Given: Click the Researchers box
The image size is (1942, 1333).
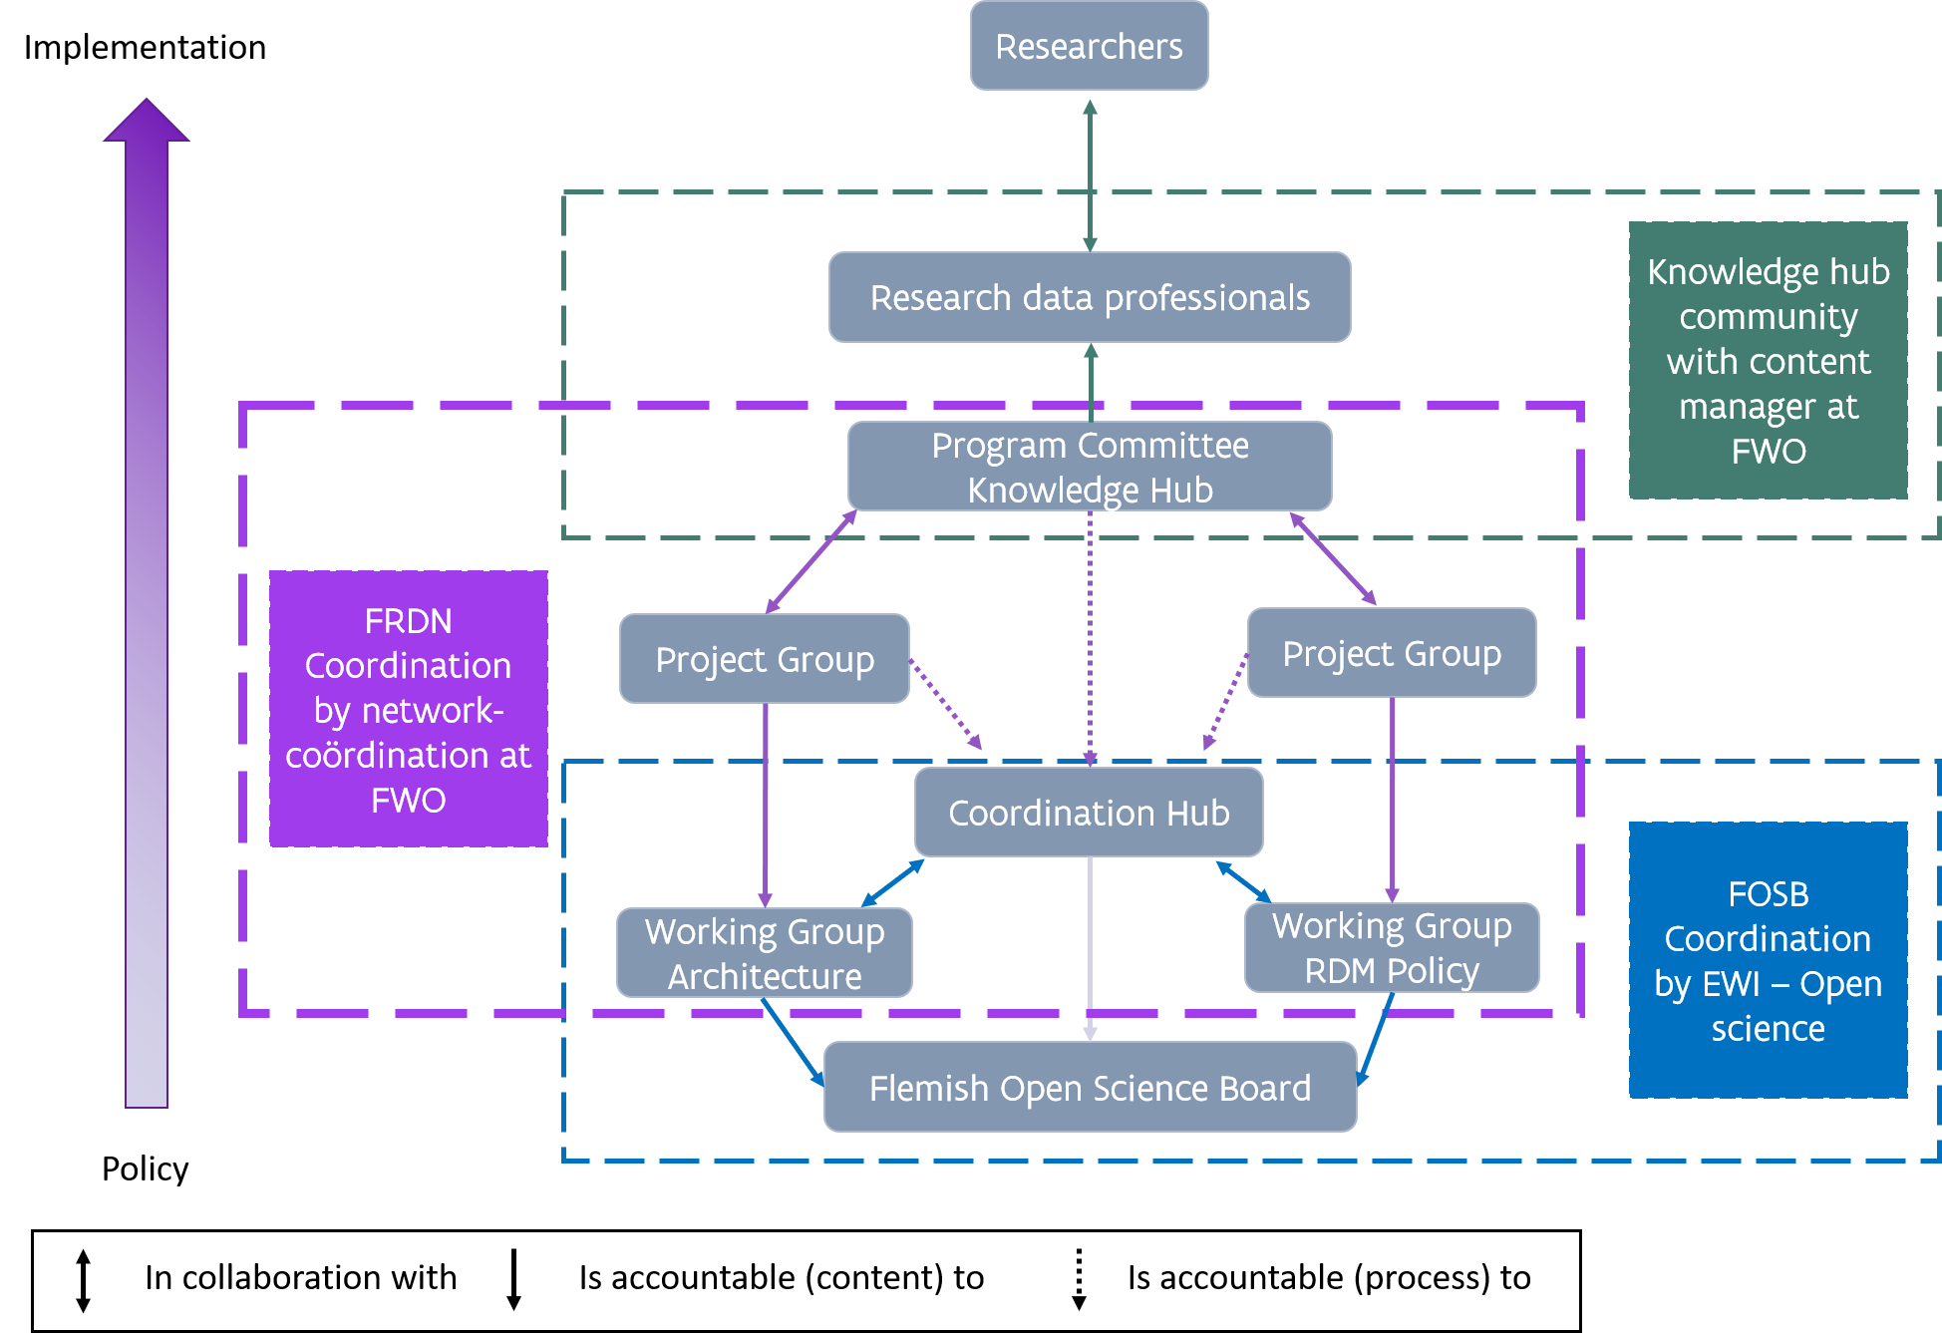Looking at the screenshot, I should click(1089, 46).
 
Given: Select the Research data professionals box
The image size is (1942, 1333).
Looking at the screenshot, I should click(1089, 297).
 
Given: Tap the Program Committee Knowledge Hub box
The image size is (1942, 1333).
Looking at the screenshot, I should click(1089, 467).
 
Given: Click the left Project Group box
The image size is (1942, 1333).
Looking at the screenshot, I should click(764, 659).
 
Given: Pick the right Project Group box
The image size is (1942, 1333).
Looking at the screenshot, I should click(1391, 653).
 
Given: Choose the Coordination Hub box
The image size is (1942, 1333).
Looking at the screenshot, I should click(1089, 813).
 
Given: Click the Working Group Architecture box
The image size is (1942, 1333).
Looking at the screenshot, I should click(764, 953).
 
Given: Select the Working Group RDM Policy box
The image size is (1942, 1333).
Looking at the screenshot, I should click(1391, 948).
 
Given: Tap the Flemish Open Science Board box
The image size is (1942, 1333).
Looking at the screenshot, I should click(1089, 1088).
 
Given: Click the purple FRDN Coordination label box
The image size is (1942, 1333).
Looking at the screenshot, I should click(408, 709).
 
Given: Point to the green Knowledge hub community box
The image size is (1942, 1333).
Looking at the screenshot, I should click(1768, 360).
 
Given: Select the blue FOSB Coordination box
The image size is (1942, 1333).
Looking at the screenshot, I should click(1768, 960).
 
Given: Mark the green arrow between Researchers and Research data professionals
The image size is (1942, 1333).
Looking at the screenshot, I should click(1090, 174).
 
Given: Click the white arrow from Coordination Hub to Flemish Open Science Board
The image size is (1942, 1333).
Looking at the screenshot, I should click(1090, 947).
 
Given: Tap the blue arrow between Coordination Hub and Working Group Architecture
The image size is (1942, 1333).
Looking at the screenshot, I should click(892, 883).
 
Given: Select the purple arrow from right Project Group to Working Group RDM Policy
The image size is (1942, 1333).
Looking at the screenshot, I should click(1392, 798).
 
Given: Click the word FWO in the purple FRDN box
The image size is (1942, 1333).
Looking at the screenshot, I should click(408, 800).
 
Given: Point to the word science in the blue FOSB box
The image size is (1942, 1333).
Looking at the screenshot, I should click(1768, 1028).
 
